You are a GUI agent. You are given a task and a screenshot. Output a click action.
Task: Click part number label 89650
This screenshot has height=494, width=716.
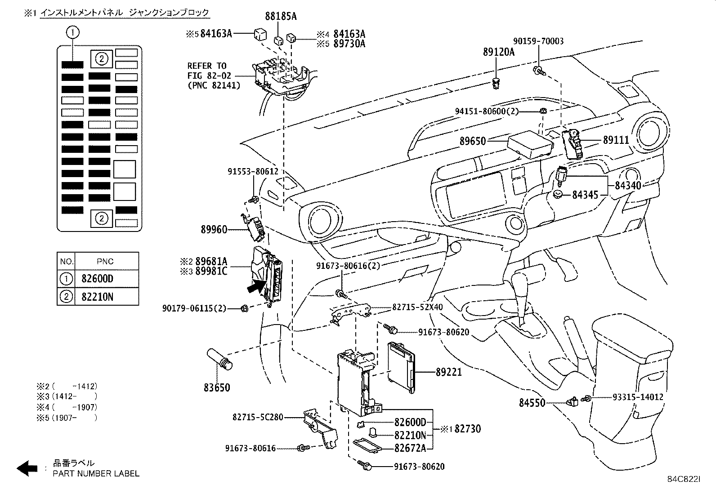coord(473,141)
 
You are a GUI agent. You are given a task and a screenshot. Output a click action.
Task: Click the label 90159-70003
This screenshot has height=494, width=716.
coord(538,41)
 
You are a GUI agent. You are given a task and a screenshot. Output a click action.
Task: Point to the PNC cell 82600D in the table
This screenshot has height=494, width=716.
coord(98,279)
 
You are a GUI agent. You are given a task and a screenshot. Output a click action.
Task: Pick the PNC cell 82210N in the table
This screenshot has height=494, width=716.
coord(98,297)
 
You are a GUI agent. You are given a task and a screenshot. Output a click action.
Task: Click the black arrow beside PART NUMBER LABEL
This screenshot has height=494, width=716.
coord(27,468)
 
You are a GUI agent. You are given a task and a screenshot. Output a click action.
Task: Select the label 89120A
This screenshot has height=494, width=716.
coord(498,52)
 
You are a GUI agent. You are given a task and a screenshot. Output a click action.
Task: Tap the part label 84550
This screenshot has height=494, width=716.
coord(532,403)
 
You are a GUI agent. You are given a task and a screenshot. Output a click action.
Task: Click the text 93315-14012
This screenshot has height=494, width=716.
coord(638,397)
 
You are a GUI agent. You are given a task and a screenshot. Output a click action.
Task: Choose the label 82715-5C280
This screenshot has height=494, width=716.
coord(258,417)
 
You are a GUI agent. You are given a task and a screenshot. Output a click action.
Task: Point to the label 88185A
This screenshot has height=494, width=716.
coord(281,17)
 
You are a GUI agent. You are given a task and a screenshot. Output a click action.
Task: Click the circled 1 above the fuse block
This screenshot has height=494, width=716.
coord(73,32)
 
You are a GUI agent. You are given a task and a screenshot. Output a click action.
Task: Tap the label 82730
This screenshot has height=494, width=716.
coord(468,429)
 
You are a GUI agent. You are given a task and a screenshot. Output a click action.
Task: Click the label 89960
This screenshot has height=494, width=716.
coord(214,230)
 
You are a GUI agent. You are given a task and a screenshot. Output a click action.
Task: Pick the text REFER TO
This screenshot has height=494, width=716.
coord(207,66)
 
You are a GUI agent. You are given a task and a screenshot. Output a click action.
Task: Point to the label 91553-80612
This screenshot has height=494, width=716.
coord(253,171)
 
